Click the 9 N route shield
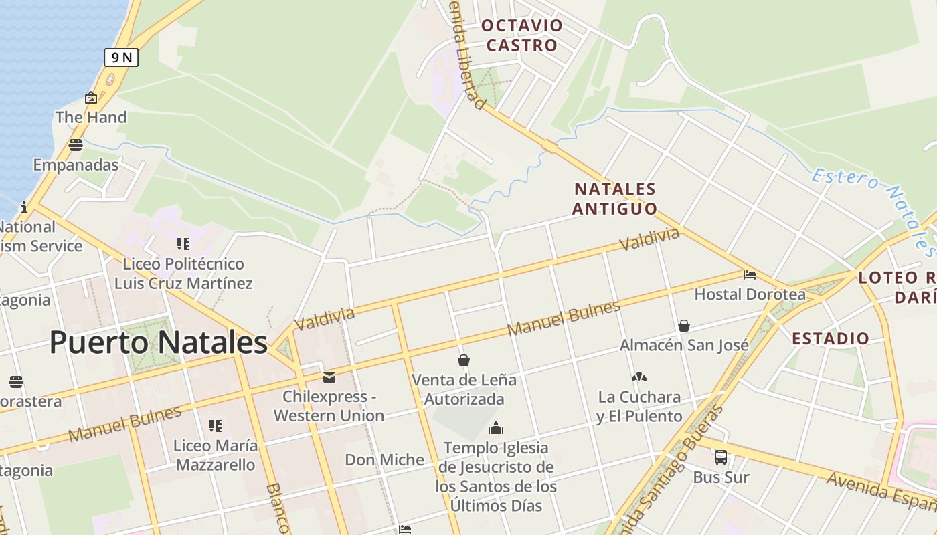pyautogui.click(x=121, y=58)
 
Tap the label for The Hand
pyautogui.click(x=91, y=118)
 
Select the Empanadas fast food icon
pyautogui.click(x=76, y=145)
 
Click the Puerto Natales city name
pyautogui.click(x=159, y=342)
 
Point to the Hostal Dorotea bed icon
pyautogui.click(x=750, y=275)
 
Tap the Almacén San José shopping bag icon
pyautogui.click(x=684, y=326)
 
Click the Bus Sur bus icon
pyautogui.click(x=720, y=457)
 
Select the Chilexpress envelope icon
pyautogui.click(x=329, y=377)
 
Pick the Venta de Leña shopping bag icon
pyautogui.click(x=463, y=361)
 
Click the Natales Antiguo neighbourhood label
pyautogui.click(x=615, y=199)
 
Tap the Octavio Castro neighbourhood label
pyautogui.click(x=522, y=35)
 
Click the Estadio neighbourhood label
pyautogui.click(x=831, y=338)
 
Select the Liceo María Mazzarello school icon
pyautogui.click(x=215, y=426)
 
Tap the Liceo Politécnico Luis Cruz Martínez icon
pyautogui.click(x=183, y=244)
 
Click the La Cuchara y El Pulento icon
pyautogui.click(x=638, y=377)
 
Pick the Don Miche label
pyautogui.click(x=384, y=460)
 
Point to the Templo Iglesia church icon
pyautogui.click(x=496, y=428)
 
